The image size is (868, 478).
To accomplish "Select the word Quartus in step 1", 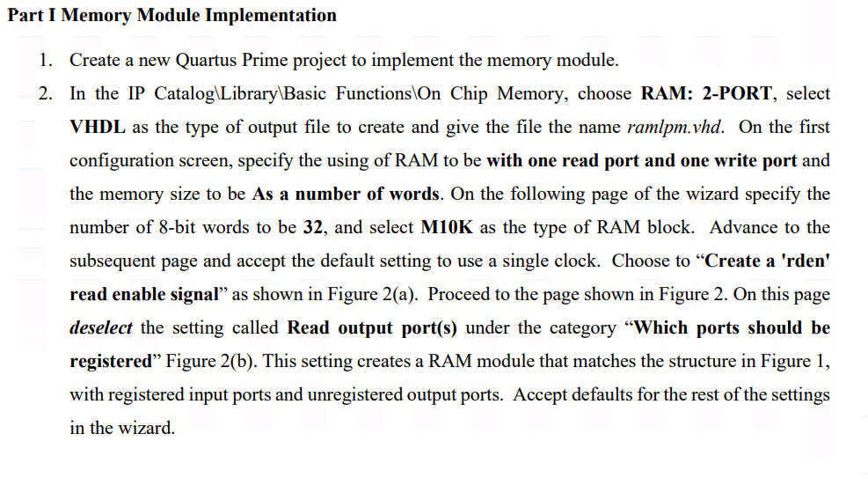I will [x=209, y=61].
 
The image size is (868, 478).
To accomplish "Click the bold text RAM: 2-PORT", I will [x=708, y=94].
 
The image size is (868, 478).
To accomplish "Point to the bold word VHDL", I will [x=97, y=128].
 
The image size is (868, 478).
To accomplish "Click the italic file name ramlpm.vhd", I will [x=675, y=128].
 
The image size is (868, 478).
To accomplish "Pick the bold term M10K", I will [x=448, y=227].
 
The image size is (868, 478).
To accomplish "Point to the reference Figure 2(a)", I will [x=374, y=294].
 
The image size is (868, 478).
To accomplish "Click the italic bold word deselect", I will [x=101, y=327].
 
